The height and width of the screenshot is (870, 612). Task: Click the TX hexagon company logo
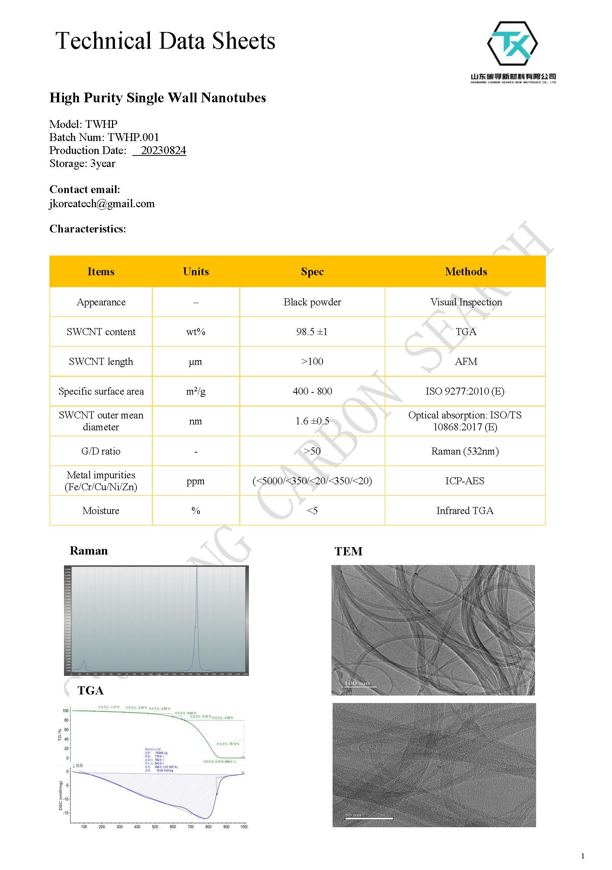[512, 43]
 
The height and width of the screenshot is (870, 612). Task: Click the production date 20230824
[163, 150]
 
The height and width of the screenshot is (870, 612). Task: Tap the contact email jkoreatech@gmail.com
[102, 204]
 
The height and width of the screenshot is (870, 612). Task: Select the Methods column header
[466, 271]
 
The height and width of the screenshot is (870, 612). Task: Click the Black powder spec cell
[312, 302]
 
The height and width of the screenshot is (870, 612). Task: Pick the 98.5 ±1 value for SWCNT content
[311, 331]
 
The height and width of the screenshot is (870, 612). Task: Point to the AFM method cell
[466, 362]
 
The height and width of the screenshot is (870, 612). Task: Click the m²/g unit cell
[196, 391]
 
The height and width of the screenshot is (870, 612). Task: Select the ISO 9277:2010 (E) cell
[465, 391]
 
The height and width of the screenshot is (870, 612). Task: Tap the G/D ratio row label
[101, 451]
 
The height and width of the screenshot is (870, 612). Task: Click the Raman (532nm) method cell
[465, 451]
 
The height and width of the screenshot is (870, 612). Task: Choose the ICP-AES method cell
[465, 481]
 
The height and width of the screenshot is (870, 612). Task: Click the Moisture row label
[101, 511]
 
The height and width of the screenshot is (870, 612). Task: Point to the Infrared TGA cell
[465, 511]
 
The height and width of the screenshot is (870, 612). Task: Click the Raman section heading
[89, 550]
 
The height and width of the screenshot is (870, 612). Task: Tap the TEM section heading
[348, 551]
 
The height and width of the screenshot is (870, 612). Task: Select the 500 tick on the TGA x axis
[155, 826]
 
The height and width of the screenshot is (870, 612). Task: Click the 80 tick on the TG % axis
[66, 720]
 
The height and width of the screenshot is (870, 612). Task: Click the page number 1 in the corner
[583, 856]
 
